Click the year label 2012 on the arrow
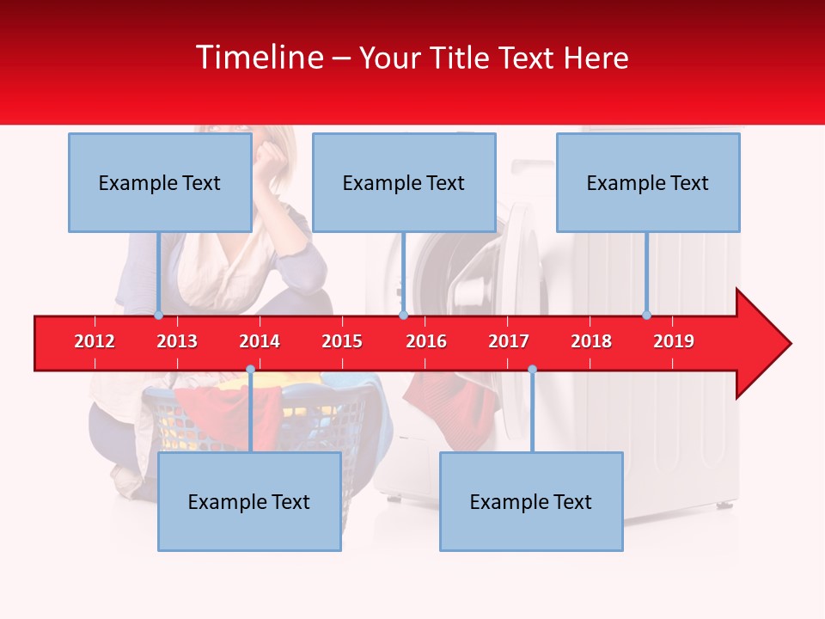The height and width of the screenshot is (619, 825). tap(95, 341)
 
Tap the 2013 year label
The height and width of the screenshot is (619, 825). tap(177, 341)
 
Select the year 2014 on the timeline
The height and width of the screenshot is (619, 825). tap(260, 341)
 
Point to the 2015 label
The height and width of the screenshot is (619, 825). tap(342, 341)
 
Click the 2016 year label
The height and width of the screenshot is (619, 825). tap(426, 341)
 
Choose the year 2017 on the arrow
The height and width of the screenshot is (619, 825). tap(509, 341)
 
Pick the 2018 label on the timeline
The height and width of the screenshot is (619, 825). tap(591, 341)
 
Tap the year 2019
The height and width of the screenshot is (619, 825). tap(674, 341)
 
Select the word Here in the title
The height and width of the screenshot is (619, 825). tap(596, 58)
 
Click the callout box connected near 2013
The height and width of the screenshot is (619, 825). tap(160, 182)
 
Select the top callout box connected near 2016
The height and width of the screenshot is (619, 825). tap(404, 182)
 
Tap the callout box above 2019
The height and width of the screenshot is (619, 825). tap(648, 182)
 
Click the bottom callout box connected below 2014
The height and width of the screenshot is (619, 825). tap(249, 501)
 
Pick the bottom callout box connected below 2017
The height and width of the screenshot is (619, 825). tap(531, 501)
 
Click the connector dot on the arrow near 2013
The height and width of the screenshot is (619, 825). tap(158, 316)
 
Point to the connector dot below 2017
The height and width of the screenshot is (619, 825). tap(532, 370)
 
